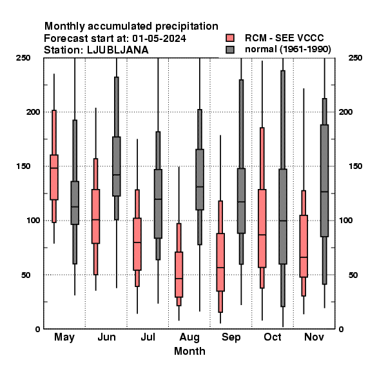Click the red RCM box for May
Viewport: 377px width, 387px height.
click(x=54, y=177)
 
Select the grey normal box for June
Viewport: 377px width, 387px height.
click(x=117, y=166)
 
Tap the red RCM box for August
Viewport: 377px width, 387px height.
click(x=179, y=275)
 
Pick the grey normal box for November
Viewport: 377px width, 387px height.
click(x=325, y=181)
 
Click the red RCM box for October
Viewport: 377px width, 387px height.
click(x=262, y=228)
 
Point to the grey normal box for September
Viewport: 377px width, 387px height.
click(x=241, y=201)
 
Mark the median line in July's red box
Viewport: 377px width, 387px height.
click(x=137, y=243)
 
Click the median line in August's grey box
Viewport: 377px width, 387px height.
click(x=200, y=187)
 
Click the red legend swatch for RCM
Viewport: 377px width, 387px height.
click(x=230, y=38)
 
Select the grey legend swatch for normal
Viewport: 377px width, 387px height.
click(x=230, y=50)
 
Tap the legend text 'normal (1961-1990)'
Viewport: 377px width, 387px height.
click(x=288, y=50)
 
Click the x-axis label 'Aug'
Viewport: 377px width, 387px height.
click(x=189, y=337)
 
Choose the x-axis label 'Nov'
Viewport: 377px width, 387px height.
click(x=314, y=337)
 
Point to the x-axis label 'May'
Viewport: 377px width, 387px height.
click(x=64, y=337)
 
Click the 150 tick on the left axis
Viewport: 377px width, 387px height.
click(x=23, y=166)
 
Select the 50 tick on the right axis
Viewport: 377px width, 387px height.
click(x=353, y=275)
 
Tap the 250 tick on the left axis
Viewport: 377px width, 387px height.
click(x=23, y=58)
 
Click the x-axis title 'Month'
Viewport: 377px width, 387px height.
click(x=189, y=351)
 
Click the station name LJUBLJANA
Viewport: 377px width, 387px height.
click(x=118, y=50)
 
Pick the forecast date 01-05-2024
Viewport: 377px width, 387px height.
click(x=159, y=39)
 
